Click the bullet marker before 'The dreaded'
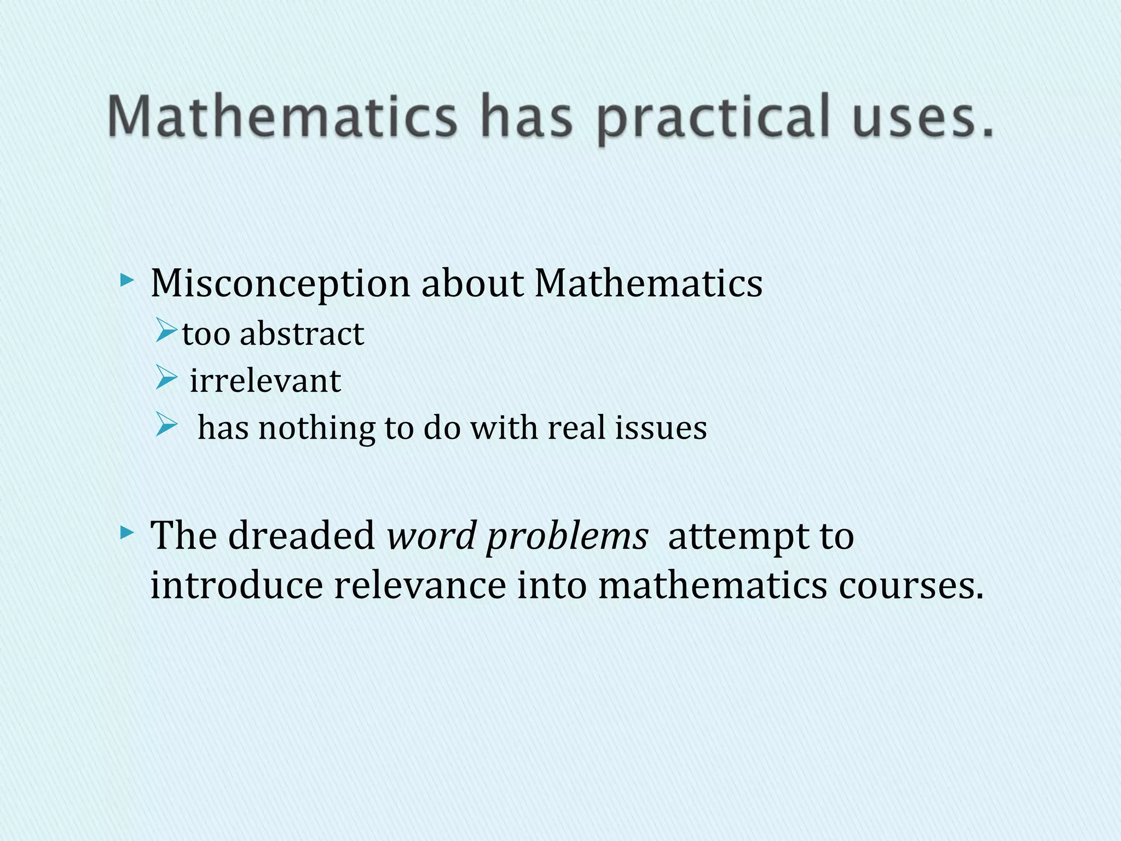127,532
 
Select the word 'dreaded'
302,535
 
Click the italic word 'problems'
567,538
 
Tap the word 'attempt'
737,538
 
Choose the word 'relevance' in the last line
420,585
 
